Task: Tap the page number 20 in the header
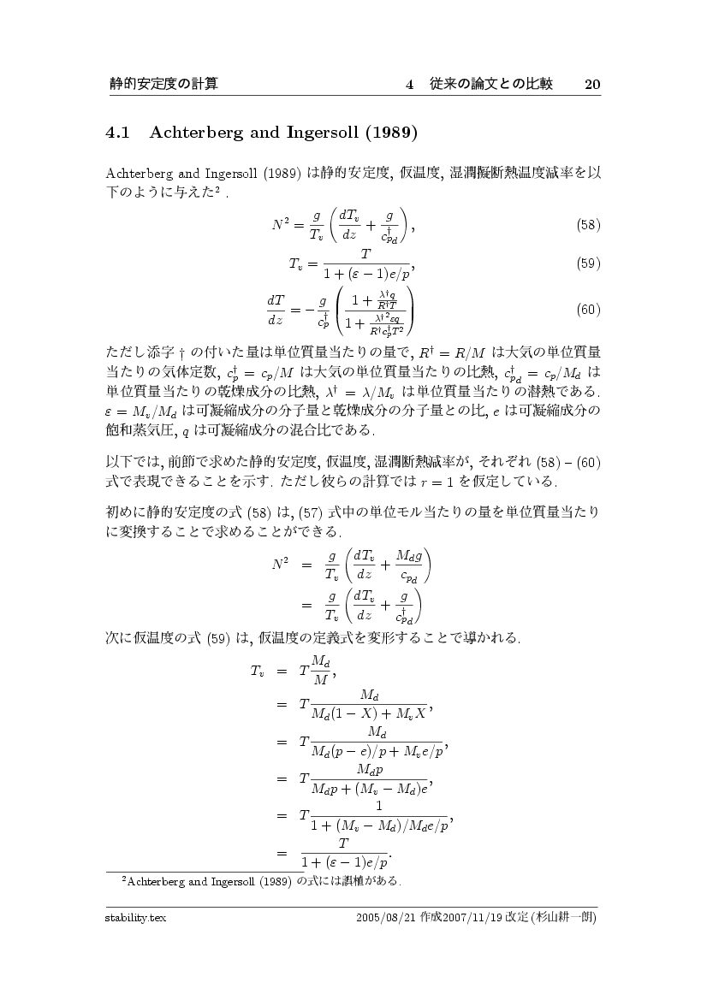pyautogui.click(x=592, y=84)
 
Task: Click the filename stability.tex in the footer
pyautogui.click(x=131, y=918)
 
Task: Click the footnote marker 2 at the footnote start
pyautogui.click(x=125, y=878)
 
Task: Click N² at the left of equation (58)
pyautogui.click(x=283, y=225)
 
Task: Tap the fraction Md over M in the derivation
pyautogui.click(x=319, y=672)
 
